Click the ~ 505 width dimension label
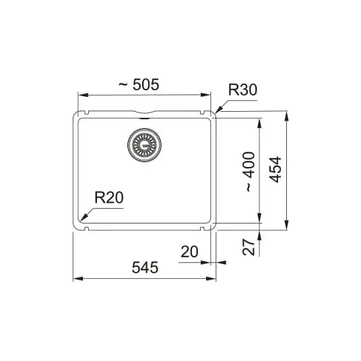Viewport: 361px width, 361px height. [139, 84]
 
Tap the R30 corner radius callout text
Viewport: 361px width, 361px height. [242, 90]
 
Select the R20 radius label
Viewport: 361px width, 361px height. [109, 197]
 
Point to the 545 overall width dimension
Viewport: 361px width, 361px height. [145, 267]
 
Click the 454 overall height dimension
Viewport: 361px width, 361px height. [275, 170]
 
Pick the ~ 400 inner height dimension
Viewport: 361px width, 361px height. [250, 172]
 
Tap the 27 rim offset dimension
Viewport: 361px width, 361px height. [249, 247]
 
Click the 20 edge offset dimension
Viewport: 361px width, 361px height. [189, 252]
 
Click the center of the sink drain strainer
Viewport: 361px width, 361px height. [144, 145]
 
